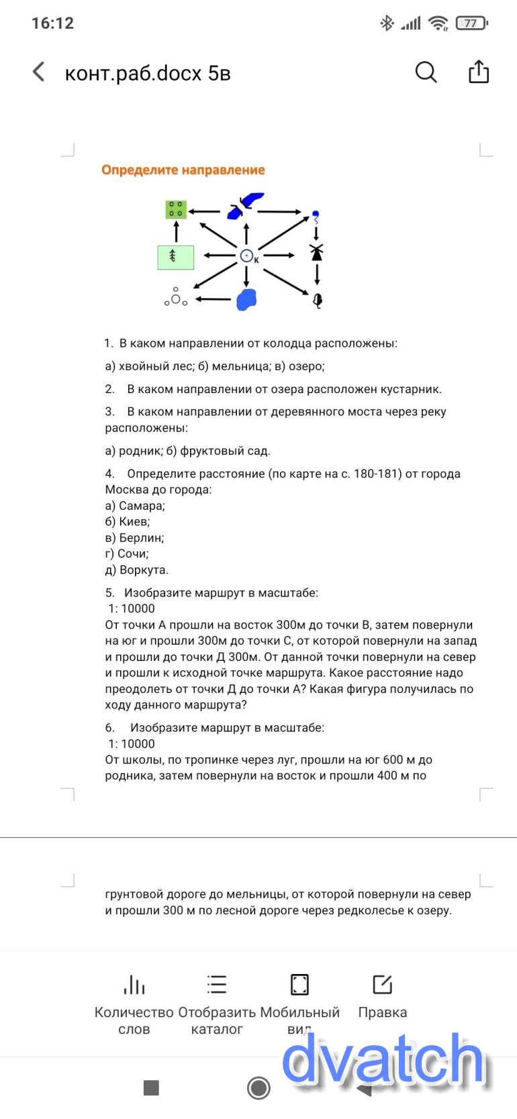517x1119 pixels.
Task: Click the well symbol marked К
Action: [246, 255]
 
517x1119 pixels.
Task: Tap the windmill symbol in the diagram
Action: [316, 252]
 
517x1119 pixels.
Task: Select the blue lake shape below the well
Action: [246, 299]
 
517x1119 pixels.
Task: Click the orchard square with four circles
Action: [176, 209]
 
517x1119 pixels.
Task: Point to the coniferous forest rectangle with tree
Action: [175, 257]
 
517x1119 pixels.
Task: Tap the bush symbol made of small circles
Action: [175, 299]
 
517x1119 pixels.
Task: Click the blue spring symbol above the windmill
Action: [316, 215]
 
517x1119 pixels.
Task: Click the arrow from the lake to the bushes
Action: [214, 299]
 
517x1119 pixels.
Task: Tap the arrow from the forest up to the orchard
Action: [176, 231]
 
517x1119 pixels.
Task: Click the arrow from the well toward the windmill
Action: [279, 255]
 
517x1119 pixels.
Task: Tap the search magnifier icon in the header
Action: [426, 72]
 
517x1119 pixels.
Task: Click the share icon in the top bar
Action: [478, 72]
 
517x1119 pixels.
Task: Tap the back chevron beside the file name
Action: [39, 72]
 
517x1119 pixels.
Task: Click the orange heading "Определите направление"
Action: [183, 170]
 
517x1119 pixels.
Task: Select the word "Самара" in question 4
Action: [141, 506]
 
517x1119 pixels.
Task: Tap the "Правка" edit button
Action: [382, 998]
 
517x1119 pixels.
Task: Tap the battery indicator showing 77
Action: [471, 23]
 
